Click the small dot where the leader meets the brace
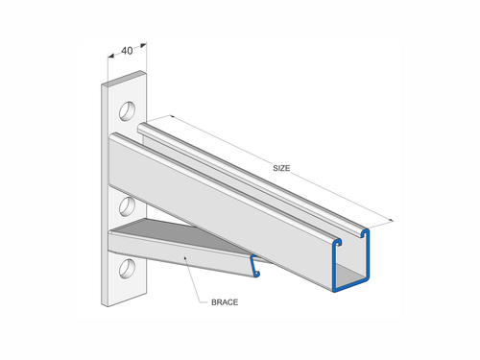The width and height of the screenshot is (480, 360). click(x=182, y=256)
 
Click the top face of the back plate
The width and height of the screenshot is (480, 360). click(x=122, y=78)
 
